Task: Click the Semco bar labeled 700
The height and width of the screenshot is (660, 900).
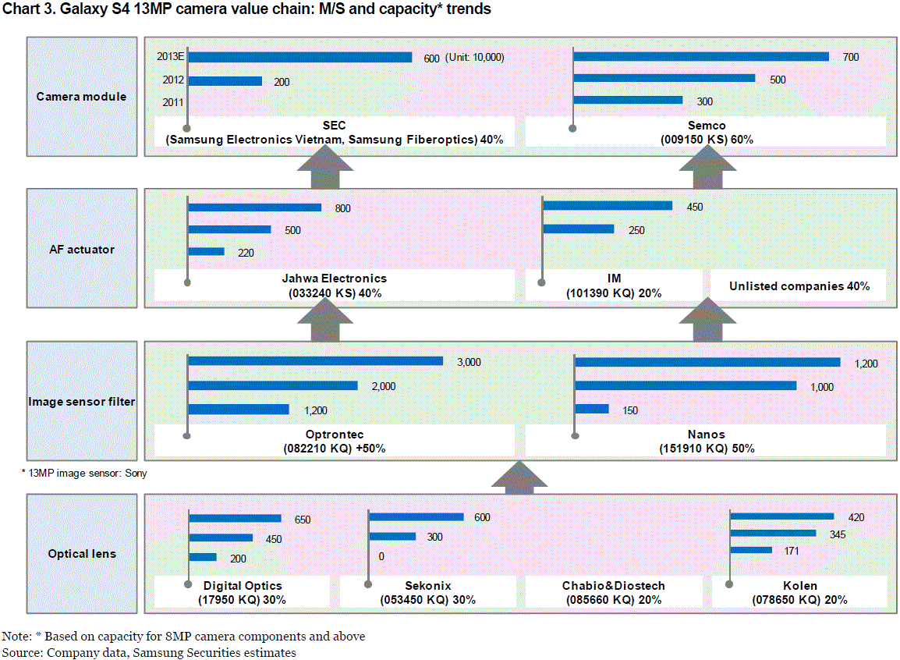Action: point(700,57)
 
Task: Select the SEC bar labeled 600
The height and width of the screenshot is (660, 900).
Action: point(299,58)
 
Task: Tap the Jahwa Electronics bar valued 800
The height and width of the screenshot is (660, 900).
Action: point(254,208)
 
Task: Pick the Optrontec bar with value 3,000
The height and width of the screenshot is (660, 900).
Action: point(315,361)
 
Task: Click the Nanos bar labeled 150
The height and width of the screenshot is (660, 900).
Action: point(591,409)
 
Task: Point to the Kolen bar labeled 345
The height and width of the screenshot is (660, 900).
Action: point(773,534)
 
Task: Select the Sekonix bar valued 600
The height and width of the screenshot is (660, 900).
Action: point(416,516)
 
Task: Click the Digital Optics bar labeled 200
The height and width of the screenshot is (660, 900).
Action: point(203,557)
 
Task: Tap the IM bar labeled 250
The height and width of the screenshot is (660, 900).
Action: point(579,229)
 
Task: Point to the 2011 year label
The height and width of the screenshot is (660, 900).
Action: point(173,102)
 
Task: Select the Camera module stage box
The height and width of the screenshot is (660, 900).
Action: point(82,97)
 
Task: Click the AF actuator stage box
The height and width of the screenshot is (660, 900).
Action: point(82,250)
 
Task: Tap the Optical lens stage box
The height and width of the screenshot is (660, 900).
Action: point(82,554)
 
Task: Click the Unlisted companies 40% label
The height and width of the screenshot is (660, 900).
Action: point(799,286)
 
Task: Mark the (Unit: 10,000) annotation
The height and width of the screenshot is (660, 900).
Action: point(475,58)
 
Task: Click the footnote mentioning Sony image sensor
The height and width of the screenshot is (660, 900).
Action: point(83,473)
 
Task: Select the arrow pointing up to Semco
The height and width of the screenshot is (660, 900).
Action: point(708,169)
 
